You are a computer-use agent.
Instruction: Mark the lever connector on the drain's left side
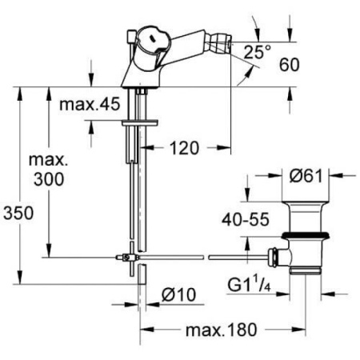click(x=274, y=257)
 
